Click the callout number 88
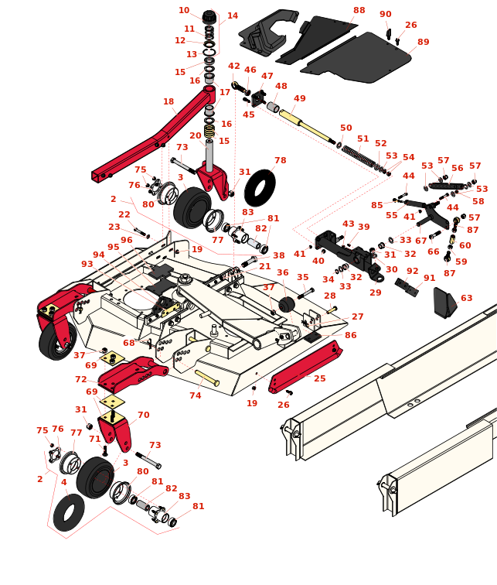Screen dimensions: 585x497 pos(359,10)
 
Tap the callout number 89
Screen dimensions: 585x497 pos(423,42)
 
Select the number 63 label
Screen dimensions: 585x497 pos(466,298)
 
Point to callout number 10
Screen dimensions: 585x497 pos(184,10)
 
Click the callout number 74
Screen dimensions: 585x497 pos(196,395)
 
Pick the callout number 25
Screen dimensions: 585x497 pos(319,378)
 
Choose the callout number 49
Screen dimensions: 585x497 pos(300,98)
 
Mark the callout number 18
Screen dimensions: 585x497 pos(169,101)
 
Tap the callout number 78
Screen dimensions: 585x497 pos(280,160)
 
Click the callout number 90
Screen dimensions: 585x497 pos(386,14)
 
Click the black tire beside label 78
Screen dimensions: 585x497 pos(260,188)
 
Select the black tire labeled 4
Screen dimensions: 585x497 pos(69,511)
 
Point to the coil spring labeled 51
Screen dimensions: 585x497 pos(359,155)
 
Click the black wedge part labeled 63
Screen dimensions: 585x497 pos(444,303)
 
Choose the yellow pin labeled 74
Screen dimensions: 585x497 pos(206,378)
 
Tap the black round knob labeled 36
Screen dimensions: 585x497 pos(288,304)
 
